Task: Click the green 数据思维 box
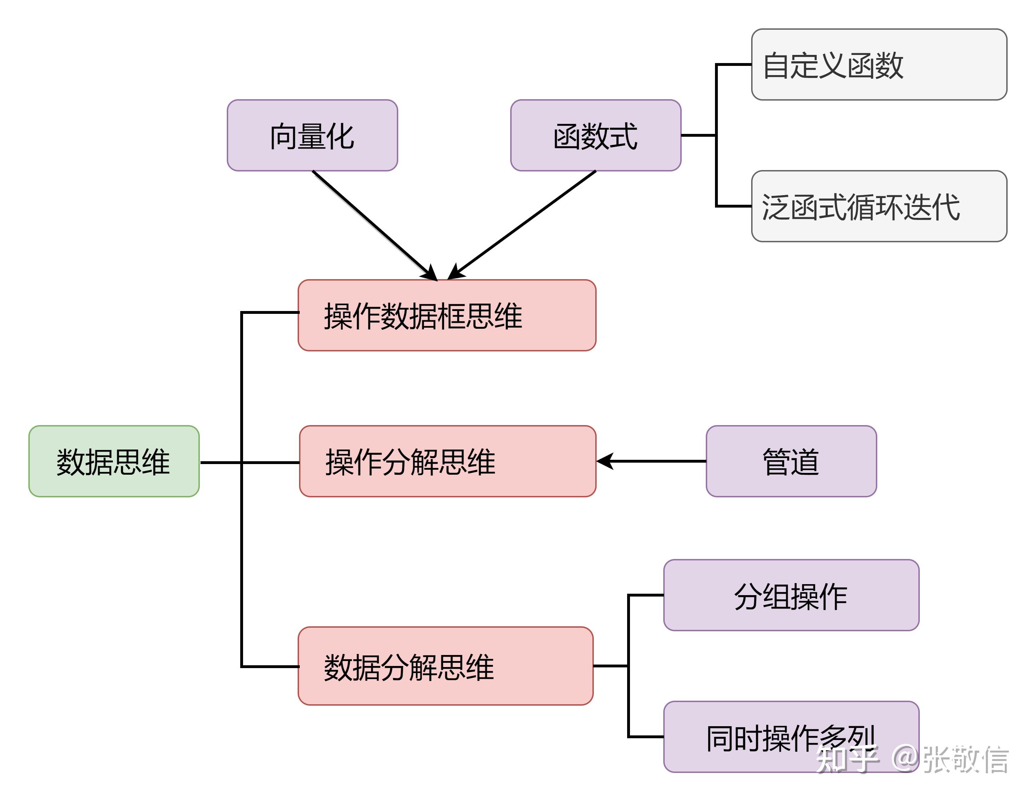(x=114, y=461)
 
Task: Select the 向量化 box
(x=312, y=135)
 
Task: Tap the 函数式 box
(x=596, y=135)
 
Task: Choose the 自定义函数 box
(x=879, y=64)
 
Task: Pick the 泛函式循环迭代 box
(x=879, y=206)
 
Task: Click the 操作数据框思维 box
(x=447, y=315)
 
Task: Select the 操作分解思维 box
(x=447, y=461)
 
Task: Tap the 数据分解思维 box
(x=445, y=666)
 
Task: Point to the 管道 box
(x=791, y=461)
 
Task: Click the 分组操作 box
(x=791, y=595)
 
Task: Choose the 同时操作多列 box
(x=791, y=737)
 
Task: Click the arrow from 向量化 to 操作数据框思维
(x=375, y=226)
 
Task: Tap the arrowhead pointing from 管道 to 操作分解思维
(x=605, y=461)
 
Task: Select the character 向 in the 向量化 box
(x=284, y=137)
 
